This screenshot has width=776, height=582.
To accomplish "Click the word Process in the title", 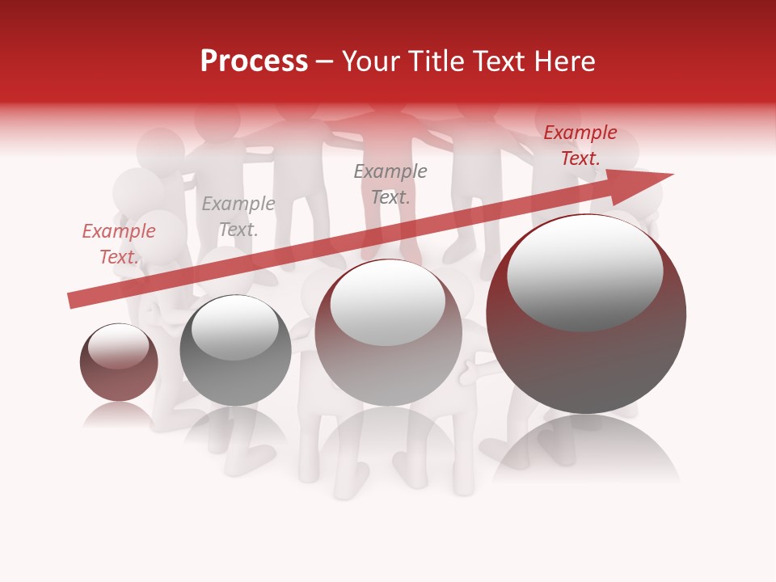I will [254, 61].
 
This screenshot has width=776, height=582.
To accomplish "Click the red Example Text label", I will [580, 145].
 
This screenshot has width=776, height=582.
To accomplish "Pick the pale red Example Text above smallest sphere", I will [119, 244].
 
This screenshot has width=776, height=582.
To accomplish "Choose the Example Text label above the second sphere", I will [238, 217].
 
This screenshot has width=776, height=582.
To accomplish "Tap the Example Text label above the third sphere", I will [390, 183].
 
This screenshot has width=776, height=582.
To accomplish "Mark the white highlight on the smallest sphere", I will [118, 347].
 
